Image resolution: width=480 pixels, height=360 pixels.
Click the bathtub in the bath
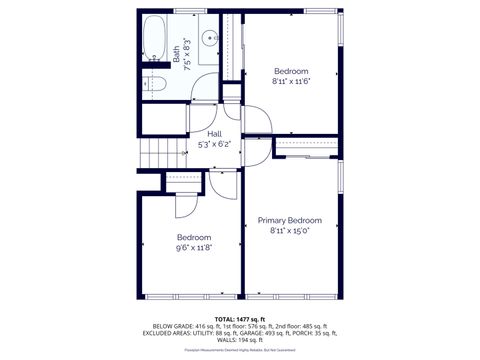coord(156,40)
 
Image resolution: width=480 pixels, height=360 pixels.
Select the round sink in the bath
coord(210,39)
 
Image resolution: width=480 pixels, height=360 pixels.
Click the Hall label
coord(214,133)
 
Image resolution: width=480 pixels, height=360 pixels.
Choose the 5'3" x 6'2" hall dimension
coord(214,144)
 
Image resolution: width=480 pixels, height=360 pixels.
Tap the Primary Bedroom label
coord(289,220)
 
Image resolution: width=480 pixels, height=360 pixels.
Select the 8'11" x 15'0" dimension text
coord(289,231)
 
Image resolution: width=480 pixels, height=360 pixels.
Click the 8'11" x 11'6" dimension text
coord(292,82)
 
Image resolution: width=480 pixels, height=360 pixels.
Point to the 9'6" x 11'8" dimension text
coord(194,247)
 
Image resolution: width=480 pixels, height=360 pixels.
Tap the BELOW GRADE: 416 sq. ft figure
coord(185,327)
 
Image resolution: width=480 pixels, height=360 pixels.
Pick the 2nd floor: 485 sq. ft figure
coord(300,327)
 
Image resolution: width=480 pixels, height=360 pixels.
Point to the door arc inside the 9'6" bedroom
coord(187,203)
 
